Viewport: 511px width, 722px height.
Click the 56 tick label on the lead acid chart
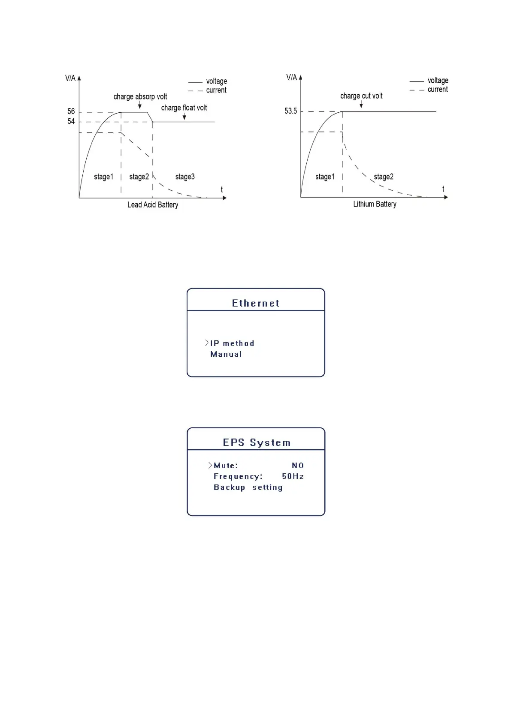tap(71, 111)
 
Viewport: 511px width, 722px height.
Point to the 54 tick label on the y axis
tap(71, 122)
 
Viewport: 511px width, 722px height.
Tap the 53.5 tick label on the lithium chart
tap(290, 111)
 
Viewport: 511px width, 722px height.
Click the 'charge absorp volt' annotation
tap(140, 97)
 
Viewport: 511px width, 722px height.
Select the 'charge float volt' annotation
tap(184, 108)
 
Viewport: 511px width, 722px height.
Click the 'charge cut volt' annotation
tap(361, 96)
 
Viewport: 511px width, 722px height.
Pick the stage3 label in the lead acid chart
tap(185, 177)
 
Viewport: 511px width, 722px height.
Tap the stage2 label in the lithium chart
tap(383, 177)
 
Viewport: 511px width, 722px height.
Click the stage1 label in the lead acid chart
tap(103, 177)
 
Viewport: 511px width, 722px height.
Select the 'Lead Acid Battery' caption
tap(153, 205)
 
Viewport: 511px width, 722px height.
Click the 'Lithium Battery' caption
tap(375, 204)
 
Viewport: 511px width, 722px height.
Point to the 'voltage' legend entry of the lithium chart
tap(438, 81)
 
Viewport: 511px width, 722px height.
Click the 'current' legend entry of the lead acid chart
tap(216, 90)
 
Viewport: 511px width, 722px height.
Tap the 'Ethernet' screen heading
tap(256, 304)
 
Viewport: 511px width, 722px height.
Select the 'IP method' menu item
tap(232, 343)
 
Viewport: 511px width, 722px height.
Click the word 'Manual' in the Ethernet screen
tap(226, 354)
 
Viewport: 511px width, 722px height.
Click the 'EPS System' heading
tap(257, 443)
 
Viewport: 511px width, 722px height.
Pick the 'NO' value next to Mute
tap(298, 466)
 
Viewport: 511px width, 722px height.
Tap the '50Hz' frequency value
tap(293, 476)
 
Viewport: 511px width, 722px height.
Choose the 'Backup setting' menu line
tap(248, 487)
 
